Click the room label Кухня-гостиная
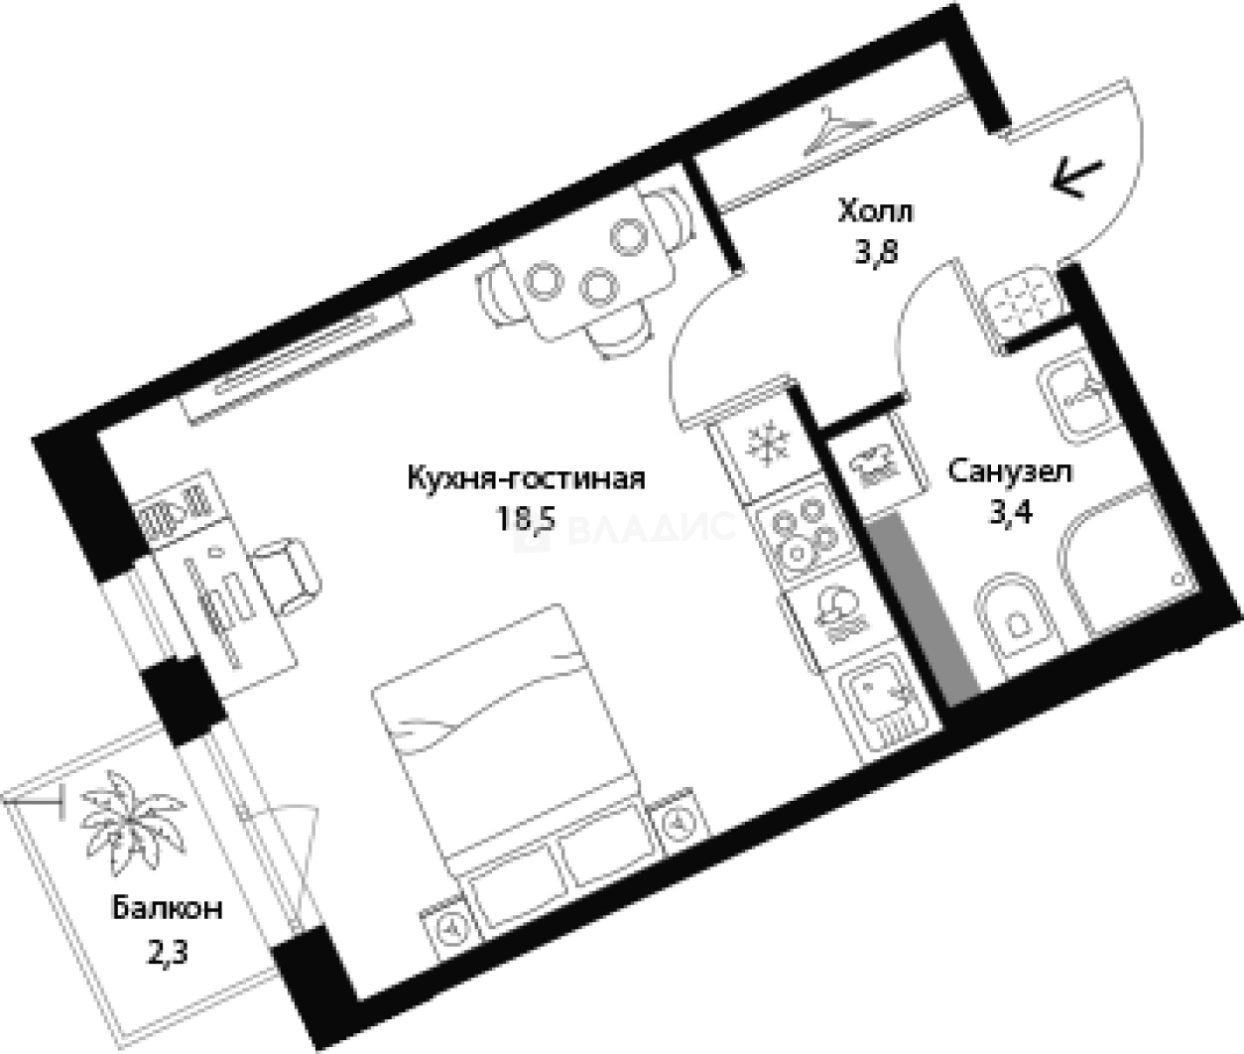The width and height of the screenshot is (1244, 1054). [526, 480]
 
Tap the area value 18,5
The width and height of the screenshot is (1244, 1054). [526, 519]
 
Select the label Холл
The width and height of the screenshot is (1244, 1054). [875, 212]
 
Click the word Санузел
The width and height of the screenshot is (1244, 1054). [1009, 471]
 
